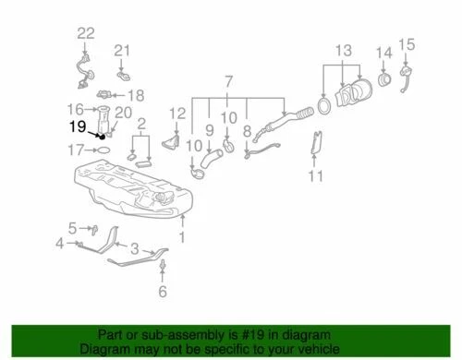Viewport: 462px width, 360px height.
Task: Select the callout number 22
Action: tap(85, 33)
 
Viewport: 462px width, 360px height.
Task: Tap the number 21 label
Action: tap(123, 49)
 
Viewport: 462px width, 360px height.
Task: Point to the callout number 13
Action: tap(344, 48)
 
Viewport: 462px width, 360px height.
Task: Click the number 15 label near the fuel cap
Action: tap(407, 42)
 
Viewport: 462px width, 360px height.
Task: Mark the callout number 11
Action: tap(316, 175)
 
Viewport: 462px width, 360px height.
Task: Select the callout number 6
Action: tap(164, 293)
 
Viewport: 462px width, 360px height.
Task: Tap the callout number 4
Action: tap(60, 244)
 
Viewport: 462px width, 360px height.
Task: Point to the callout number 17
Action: tap(77, 148)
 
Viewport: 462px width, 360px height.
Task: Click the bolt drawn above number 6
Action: tap(164, 267)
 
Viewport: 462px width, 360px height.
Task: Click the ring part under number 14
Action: tap(383, 81)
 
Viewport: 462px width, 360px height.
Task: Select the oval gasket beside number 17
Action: tap(104, 148)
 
